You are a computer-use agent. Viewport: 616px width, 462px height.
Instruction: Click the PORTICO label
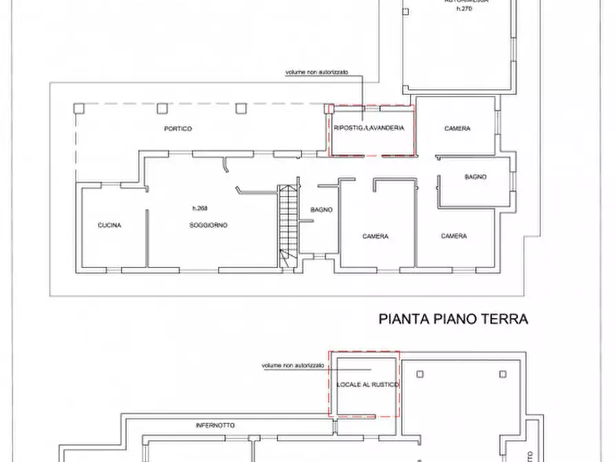[x=178, y=129]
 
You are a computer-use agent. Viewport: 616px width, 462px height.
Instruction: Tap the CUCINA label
[x=110, y=225]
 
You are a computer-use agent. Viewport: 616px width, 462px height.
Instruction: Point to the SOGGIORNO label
[x=208, y=225]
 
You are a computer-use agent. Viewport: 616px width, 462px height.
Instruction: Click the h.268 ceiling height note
[x=200, y=208]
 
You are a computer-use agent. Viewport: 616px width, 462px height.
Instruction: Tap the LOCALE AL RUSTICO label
[x=366, y=384]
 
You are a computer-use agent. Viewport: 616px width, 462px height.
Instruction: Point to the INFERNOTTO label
[x=215, y=425]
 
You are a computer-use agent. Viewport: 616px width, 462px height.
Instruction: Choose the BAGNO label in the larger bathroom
[x=475, y=177]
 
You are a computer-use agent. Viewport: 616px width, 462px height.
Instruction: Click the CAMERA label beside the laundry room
[x=457, y=129]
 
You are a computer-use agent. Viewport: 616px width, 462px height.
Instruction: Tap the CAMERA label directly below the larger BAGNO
[x=454, y=236]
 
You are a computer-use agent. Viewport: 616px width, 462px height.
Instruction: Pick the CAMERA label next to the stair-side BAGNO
[x=375, y=236]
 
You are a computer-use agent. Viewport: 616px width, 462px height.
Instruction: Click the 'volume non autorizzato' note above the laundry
[x=317, y=72]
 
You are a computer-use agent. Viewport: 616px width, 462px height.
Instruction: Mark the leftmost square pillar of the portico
[x=79, y=108]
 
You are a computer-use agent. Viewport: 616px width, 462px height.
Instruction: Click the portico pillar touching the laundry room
[x=328, y=108]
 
